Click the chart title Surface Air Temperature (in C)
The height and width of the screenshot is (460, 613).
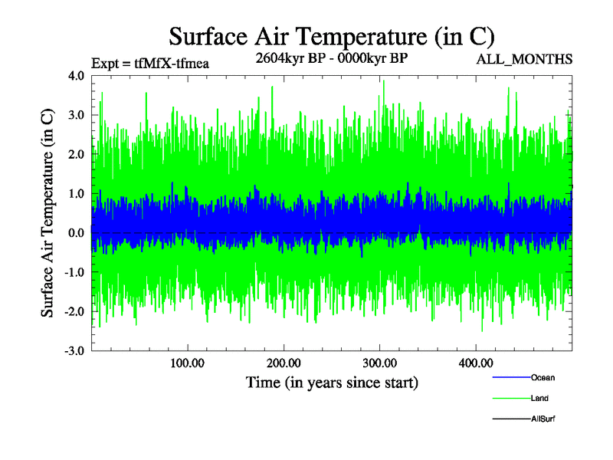click(332, 35)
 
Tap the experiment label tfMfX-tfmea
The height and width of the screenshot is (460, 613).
click(149, 63)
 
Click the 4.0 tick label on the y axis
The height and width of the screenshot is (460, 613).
click(76, 76)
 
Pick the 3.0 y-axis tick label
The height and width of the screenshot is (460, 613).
click(76, 115)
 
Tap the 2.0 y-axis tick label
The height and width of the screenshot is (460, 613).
click(76, 154)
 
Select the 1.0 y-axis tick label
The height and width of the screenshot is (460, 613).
click(76, 193)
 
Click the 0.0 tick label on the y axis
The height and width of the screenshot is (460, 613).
click(76, 232)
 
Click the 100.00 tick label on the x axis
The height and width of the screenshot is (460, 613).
click(187, 363)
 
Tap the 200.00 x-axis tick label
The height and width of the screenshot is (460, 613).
click(283, 363)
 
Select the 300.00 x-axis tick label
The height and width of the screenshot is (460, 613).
click(379, 363)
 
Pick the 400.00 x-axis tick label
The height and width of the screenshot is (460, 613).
click(474, 363)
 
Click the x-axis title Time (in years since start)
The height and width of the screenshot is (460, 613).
click(332, 382)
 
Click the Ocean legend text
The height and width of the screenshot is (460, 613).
click(543, 377)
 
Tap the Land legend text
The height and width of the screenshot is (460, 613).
click(539, 398)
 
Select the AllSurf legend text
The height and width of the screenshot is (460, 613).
click(543, 419)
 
